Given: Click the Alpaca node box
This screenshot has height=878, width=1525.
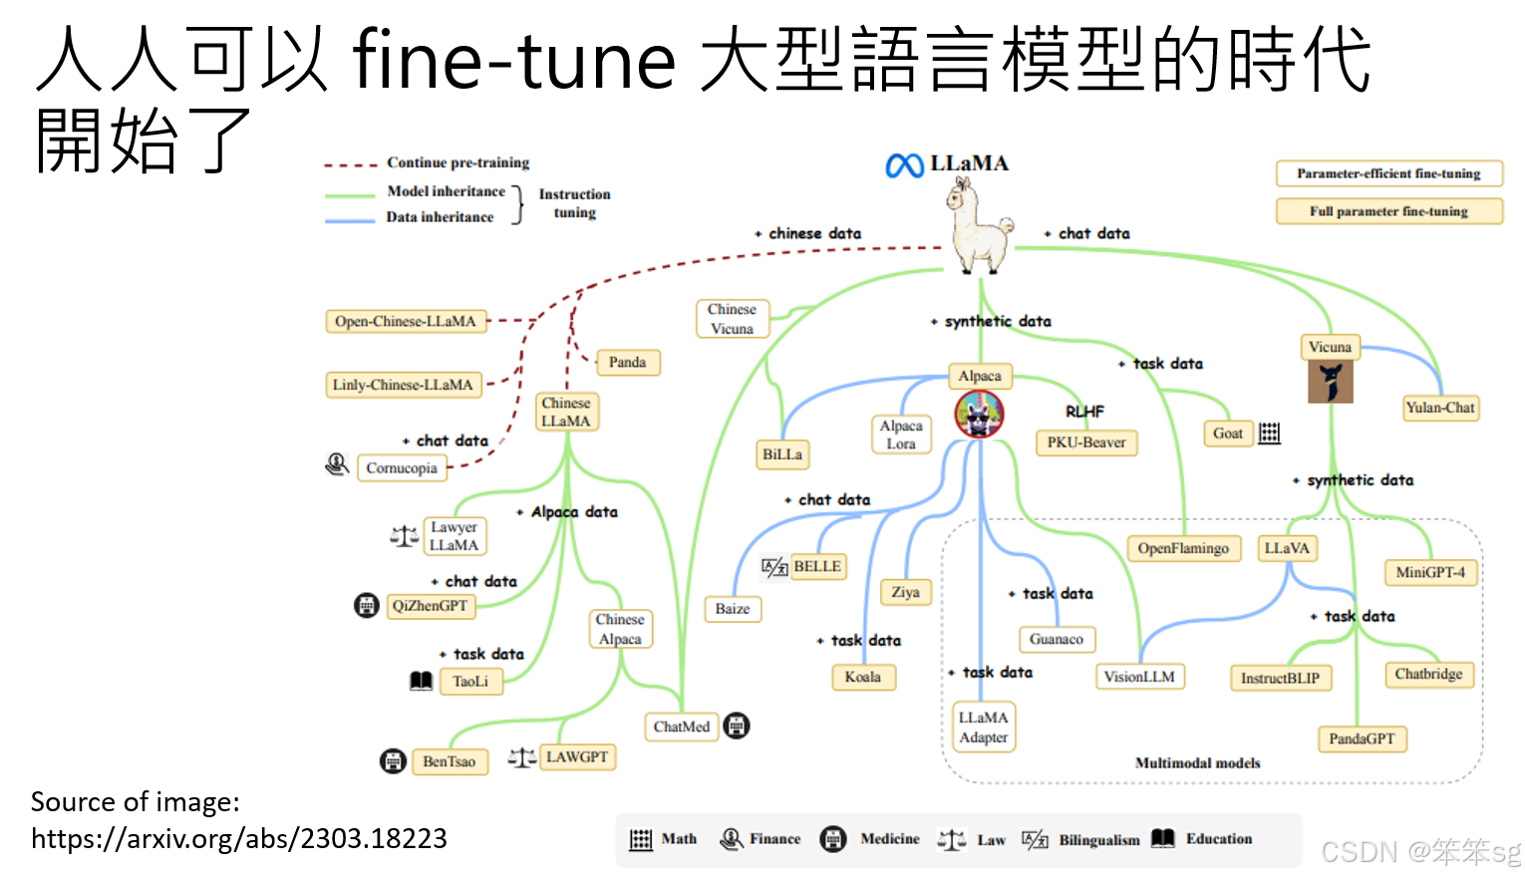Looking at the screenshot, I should tap(980, 376).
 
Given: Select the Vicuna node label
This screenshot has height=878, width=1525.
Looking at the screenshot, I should tap(1330, 347).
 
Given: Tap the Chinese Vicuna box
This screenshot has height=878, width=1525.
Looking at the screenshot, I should tap(732, 319).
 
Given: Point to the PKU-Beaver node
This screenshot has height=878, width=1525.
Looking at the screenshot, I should tap(1085, 442).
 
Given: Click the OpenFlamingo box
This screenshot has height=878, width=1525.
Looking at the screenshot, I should tap(1183, 548).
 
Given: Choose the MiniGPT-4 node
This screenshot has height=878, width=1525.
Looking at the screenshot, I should tap(1429, 572).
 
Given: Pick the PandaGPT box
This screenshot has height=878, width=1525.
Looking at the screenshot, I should tap(1361, 738).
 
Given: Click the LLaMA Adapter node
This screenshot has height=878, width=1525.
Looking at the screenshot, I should tap(983, 728).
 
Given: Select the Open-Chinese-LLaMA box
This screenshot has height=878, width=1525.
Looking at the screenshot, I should tap(406, 321).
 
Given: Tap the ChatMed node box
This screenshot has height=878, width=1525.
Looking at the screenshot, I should tap(682, 727).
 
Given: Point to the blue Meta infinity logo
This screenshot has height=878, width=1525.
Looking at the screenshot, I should tap(904, 165).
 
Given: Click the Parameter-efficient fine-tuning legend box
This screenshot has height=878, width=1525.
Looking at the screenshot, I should tap(1388, 173).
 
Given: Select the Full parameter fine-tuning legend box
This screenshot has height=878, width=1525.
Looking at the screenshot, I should tap(1388, 211).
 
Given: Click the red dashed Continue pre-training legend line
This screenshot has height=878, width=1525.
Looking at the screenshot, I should tap(350, 164).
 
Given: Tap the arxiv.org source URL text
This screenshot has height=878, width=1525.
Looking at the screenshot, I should tap(239, 839).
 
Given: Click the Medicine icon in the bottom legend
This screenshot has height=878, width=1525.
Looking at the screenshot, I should tap(832, 839).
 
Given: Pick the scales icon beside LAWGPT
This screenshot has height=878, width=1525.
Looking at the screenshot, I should tap(522, 758).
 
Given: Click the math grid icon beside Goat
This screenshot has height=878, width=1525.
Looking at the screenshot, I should tap(1269, 433).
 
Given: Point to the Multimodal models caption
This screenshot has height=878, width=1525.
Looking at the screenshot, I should tap(1197, 763).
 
